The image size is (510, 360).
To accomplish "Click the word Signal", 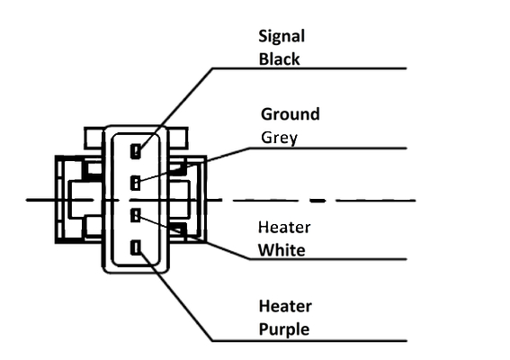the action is tap(282, 37).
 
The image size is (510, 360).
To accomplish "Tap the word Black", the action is tap(280, 59).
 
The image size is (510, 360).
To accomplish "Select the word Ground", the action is tap(291, 114).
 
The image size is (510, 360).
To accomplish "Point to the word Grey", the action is tap(280, 138).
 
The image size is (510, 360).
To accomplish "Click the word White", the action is tap(282, 250).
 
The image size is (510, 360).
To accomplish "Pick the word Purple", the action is tap(284, 329).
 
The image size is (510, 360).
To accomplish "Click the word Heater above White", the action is tap(284, 227).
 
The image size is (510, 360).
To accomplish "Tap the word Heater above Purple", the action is tap(285, 306).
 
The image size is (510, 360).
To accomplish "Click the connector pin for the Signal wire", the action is tap(136, 151).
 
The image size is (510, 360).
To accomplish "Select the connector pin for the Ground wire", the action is tap(135, 183).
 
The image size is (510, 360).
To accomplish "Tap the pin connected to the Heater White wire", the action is tap(135, 215).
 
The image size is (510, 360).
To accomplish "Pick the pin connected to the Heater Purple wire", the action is tap(136, 247).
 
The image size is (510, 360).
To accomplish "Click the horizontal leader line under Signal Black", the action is tap(309, 68).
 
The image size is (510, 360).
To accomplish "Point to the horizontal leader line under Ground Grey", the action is tap(327, 148).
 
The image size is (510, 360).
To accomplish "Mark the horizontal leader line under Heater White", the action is tap(328, 259).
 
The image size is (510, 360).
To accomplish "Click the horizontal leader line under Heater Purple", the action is tap(309, 341).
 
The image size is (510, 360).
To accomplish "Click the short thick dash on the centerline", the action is tap(318, 201).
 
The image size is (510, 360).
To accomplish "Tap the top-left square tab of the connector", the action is tap(94, 139).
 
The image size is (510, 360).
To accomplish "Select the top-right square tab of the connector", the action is tap(178, 139).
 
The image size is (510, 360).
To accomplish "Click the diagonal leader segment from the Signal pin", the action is tap(176, 110).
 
